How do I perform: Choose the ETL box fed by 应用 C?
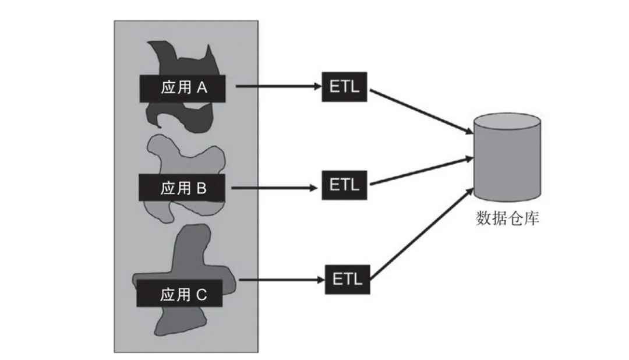click(x=347, y=279)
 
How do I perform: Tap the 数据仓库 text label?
click(x=507, y=219)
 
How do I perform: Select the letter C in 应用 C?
click(x=201, y=295)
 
